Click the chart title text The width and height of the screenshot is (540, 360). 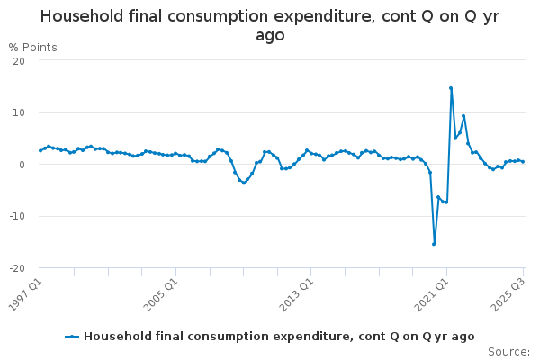click(x=270, y=26)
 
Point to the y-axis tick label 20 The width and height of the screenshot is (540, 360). click(x=19, y=60)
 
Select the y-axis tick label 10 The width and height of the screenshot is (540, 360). click(x=19, y=112)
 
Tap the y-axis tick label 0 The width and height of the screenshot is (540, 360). click(x=22, y=165)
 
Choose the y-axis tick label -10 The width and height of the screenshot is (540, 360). click(x=17, y=217)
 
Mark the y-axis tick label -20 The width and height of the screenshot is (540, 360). click(x=17, y=268)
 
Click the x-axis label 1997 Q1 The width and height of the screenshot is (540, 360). click(x=25, y=292)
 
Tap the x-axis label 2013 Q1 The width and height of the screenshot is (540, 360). click(x=296, y=292)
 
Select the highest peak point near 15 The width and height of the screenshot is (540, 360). click(x=451, y=88)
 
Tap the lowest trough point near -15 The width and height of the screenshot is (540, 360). click(x=434, y=244)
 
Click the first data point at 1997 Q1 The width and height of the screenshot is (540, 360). click(x=40, y=150)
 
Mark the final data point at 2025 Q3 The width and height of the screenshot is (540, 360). click(x=523, y=162)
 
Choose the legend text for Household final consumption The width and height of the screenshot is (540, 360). click(x=279, y=337)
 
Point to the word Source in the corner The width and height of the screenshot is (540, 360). click(x=508, y=352)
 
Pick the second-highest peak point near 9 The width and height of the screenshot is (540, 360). click(x=463, y=115)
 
